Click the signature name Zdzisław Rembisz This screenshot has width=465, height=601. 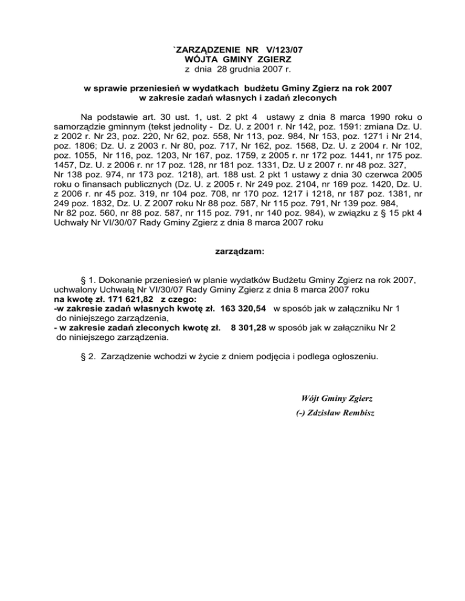pos(337,414)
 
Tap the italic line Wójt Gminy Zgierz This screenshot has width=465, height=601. pos(337,398)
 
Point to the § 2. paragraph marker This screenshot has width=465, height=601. pos(88,357)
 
